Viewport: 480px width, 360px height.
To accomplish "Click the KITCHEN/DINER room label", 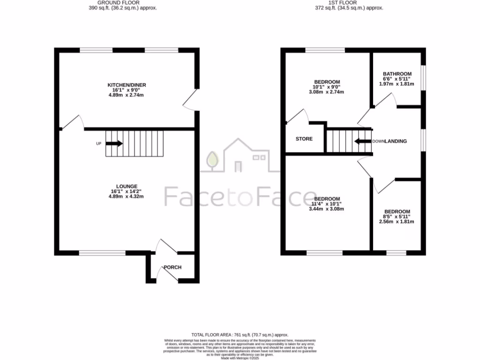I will [127, 85].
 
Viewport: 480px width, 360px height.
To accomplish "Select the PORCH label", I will [172, 267].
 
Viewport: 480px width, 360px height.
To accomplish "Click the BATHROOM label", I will [397, 74].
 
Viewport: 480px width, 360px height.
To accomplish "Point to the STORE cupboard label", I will [304, 139].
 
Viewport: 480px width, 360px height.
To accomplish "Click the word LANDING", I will [396, 141].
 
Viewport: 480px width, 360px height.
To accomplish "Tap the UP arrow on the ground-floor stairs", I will [114, 143].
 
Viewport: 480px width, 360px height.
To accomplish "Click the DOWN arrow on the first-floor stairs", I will [362, 141].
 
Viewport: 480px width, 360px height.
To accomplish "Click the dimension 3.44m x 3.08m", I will [326, 209].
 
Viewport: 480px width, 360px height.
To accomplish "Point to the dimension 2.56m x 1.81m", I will [397, 222].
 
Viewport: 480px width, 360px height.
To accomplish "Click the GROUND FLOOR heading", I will [123, 2].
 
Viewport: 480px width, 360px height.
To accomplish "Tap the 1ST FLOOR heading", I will [349, 2].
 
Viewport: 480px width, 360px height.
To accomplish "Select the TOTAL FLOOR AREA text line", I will [240, 334].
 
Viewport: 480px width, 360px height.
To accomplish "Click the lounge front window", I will [102, 253].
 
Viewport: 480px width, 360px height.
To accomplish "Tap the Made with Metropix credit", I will [240, 358].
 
